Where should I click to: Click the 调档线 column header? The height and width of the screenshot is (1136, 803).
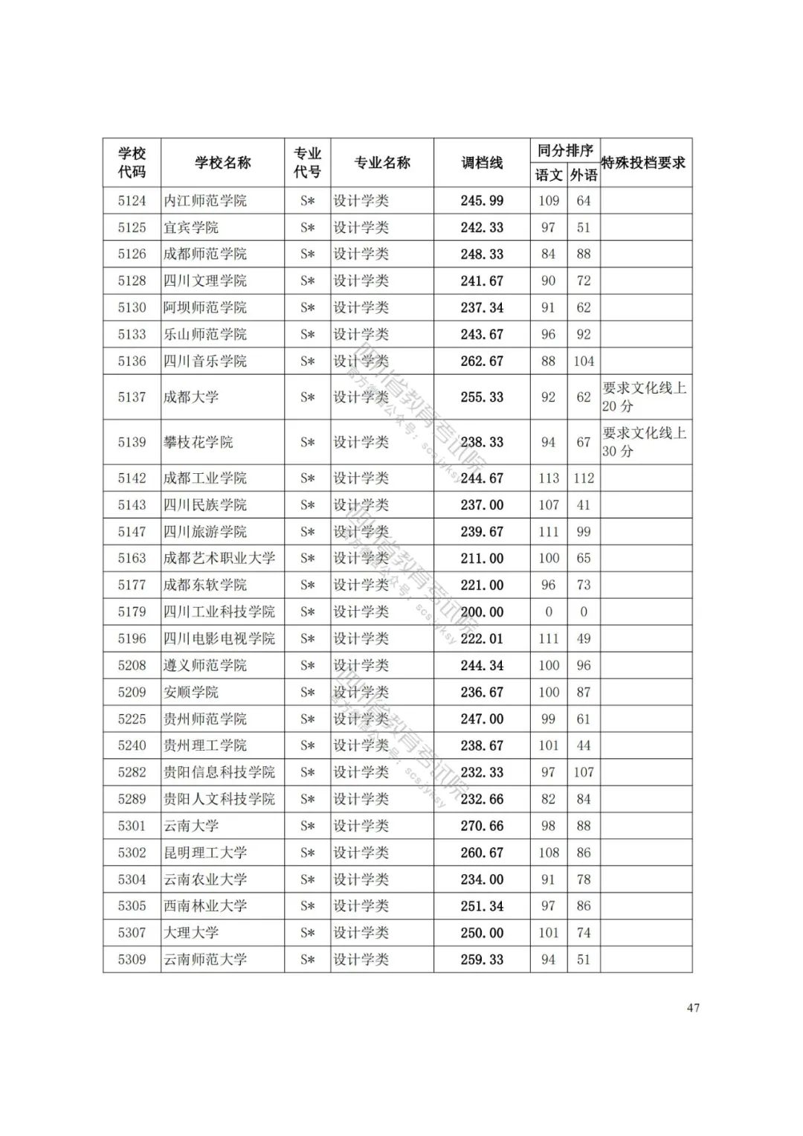click(482, 163)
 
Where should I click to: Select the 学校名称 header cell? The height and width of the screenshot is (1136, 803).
click(222, 163)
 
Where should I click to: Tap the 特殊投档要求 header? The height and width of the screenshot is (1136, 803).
click(644, 163)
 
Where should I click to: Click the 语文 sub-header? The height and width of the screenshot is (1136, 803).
click(549, 176)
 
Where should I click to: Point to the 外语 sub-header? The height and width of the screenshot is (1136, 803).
click(584, 176)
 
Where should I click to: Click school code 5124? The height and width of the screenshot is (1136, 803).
click(132, 201)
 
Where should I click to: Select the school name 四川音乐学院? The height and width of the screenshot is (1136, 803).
click(205, 362)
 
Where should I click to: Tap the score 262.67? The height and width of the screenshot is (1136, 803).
click(482, 362)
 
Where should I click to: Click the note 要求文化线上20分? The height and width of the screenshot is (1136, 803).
click(644, 397)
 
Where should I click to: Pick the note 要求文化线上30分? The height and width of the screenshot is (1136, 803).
click(644, 442)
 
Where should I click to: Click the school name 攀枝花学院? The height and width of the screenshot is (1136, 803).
click(199, 443)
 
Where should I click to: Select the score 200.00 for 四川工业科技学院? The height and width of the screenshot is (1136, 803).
click(482, 612)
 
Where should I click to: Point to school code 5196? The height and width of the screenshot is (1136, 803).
click(132, 639)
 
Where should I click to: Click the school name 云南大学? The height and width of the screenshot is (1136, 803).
click(191, 826)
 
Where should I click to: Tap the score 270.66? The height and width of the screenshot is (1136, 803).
click(482, 826)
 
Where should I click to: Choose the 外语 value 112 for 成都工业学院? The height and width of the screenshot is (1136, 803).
click(584, 478)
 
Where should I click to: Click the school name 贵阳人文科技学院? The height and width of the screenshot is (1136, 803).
click(219, 799)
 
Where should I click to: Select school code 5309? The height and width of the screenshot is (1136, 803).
click(132, 960)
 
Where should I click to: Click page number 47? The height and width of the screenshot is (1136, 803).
click(693, 1008)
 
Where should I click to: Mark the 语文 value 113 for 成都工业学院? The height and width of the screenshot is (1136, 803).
click(549, 478)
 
